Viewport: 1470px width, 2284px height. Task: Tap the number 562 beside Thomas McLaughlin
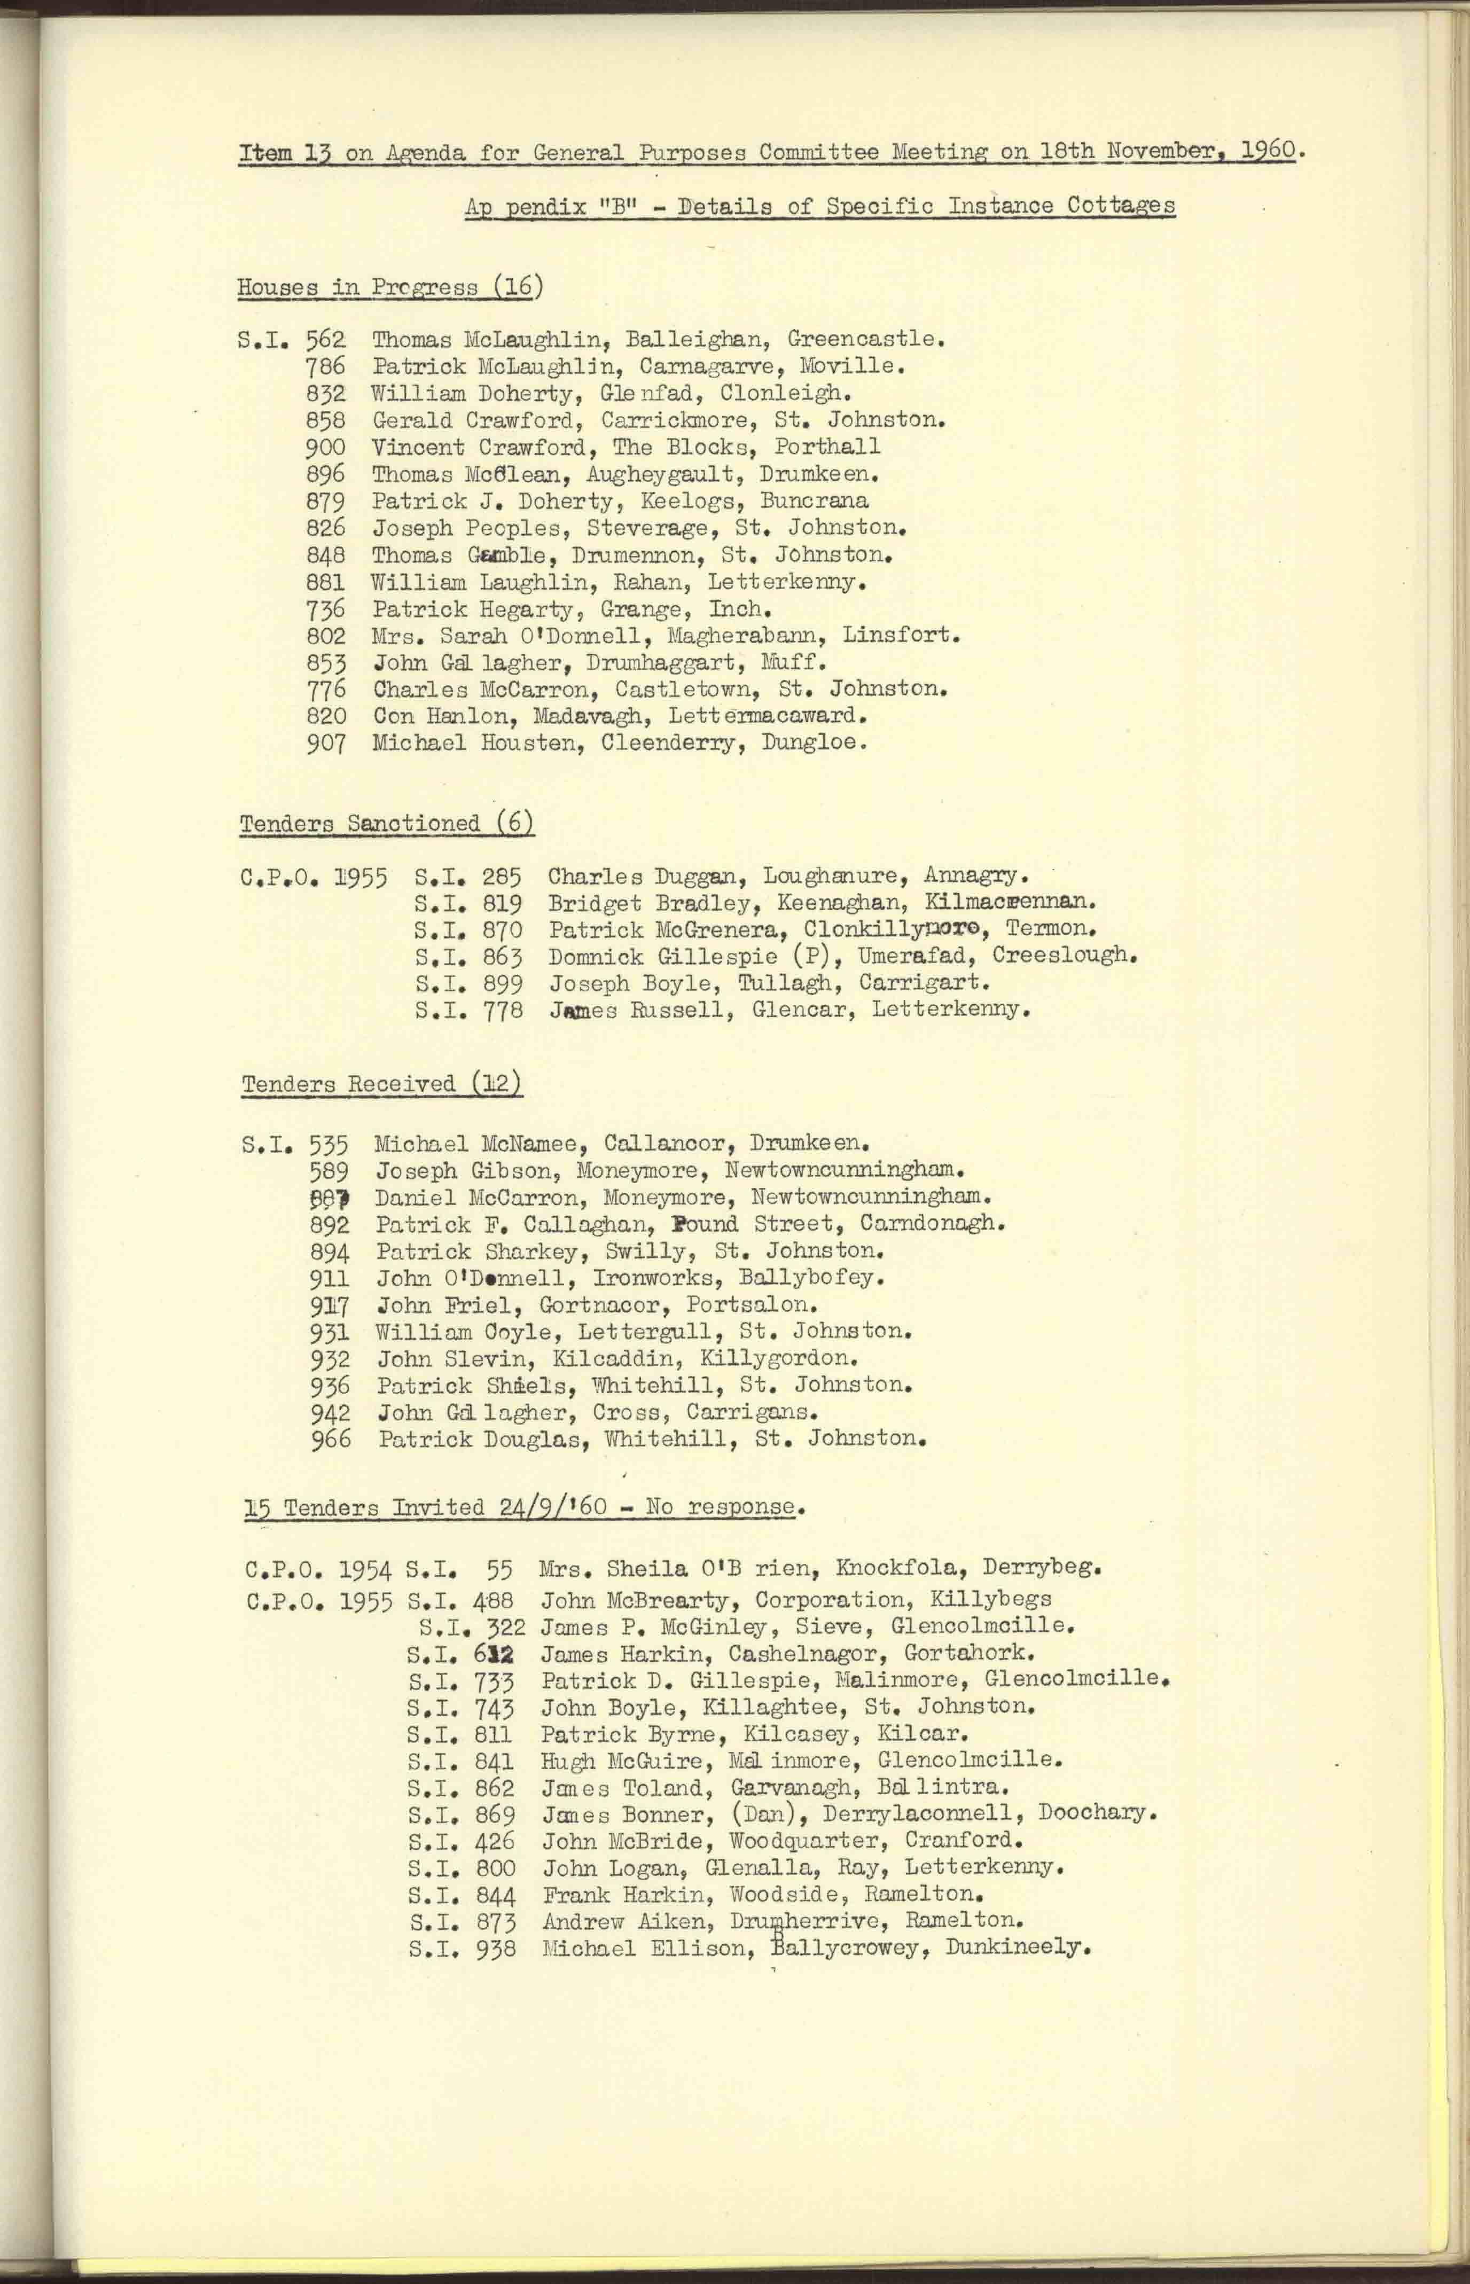325,339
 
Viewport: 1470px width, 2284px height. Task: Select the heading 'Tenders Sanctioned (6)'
387,823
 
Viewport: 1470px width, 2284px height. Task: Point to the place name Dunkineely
1018,1947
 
